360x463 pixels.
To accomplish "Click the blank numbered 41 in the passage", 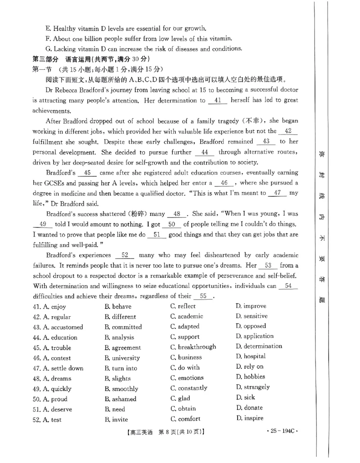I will coord(218,101).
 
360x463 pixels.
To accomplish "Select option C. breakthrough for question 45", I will coord(193,347).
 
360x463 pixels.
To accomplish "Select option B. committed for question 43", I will coord(123,327).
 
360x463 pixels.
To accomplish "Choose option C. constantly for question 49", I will coord(189,388).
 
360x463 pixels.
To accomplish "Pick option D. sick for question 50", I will coord(245,397).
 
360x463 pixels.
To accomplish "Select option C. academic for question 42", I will coord(186,317).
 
